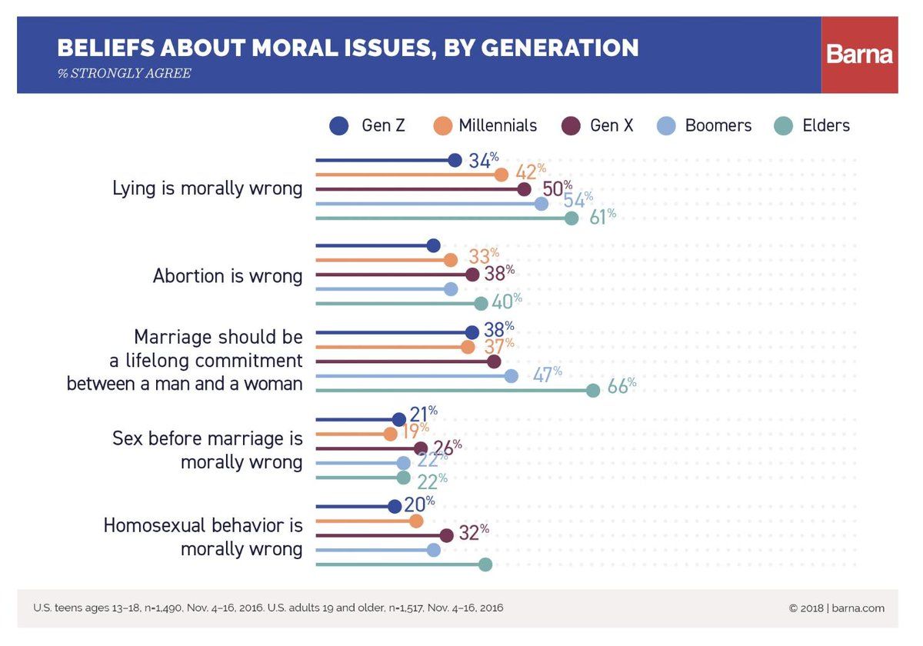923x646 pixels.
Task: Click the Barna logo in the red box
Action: pos(860,55)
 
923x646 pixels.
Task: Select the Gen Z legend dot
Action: pos(339,125)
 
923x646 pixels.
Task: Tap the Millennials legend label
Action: pos(498,125)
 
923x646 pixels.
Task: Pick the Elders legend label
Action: pos(826,125)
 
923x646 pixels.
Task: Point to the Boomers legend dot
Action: pos(666,125)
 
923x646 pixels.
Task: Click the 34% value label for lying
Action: pos(483,160)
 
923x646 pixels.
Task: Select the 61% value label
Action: pos(602,217)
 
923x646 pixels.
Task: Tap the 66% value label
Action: pos(621,385)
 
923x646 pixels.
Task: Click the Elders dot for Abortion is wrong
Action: pos(481,304)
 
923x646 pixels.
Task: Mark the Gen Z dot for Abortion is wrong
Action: pos(433,245)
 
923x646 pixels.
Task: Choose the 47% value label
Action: pos(548,374)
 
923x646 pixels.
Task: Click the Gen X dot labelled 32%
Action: pos(446,535)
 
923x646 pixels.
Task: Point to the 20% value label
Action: pos(419,504)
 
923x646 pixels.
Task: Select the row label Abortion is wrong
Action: pos(228,275)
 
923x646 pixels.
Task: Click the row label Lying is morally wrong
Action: pos(207,188)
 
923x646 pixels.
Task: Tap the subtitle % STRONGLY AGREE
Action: pos(125,73)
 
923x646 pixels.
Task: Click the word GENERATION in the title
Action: pos(560,48)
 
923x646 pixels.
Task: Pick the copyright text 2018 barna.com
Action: pos(837,608)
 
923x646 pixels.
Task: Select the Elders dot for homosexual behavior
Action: pos(485,564)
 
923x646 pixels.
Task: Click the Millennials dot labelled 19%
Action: pos(390,434)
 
